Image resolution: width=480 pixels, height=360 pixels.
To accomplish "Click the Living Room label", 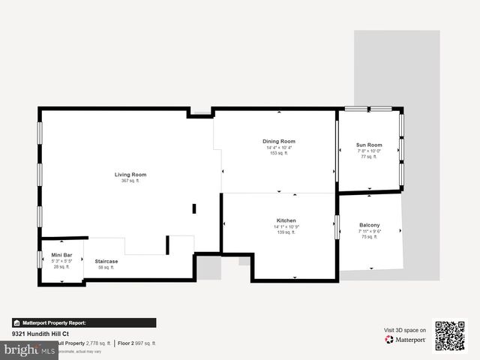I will pyautogui.click(x=130, y=175).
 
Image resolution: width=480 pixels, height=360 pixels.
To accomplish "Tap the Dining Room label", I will pyautogui.click(x=279, y=141).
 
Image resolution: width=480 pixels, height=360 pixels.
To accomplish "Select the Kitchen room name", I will pyautogui.click(x=286, y=220).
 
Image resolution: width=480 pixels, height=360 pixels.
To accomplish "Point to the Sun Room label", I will pyautogui.click(x=369, y=145).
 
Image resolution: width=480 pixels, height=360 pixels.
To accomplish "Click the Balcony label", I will pyautogui.click(x=370, y=225).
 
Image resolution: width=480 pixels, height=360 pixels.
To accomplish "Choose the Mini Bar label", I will pyautogui.click(x=61, y=255).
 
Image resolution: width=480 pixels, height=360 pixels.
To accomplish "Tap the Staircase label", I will pyautogui.click(x=106, y=261).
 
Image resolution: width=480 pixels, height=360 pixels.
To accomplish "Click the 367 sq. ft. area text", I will pyautogui.click(x=130, y=181).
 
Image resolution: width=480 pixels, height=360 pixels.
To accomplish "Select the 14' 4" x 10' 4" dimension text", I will pyautogui.click(x=279, y=147).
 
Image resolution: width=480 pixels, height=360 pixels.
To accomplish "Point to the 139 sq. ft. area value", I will pyautogui.click(x=286, y=232).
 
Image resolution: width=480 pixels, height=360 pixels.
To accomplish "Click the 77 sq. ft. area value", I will pyautogui.click(x=369, y=157).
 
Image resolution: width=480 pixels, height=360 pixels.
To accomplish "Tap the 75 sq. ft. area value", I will pyautogui.click(x=370, y=237).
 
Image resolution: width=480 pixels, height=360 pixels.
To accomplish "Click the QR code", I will pyautogui.click(x=450, y=336).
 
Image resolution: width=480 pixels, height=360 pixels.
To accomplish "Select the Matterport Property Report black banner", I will pyautogui.click(x=84, y=323).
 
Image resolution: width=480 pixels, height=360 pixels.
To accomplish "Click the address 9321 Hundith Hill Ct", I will pyautogui.click(x=40, y=334).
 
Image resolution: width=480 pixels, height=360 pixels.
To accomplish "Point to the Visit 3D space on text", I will pyautogui.click(x=405, y=330).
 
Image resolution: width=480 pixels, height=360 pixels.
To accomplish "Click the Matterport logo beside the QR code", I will pyautogui.click(x=405, y=340).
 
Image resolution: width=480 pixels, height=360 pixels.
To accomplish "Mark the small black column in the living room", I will pyautogui.click(x=193, y=208).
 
